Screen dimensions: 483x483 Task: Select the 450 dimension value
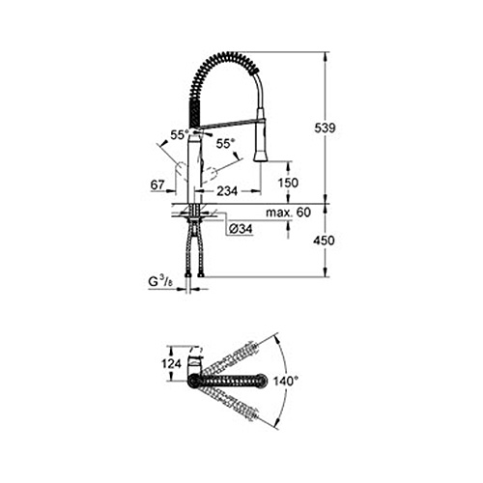[324, 241]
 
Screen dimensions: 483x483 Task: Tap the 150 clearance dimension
[288, 183]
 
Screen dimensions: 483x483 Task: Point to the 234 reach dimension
[227, 191]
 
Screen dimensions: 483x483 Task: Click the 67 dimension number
[157, 185]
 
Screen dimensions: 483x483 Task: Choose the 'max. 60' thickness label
[289, 213]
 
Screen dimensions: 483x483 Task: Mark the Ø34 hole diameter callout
[241, 229]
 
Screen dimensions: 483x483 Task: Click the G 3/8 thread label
[160, 282]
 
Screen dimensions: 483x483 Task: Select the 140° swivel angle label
[286, 382]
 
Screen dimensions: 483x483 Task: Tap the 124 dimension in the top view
[171, 364]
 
